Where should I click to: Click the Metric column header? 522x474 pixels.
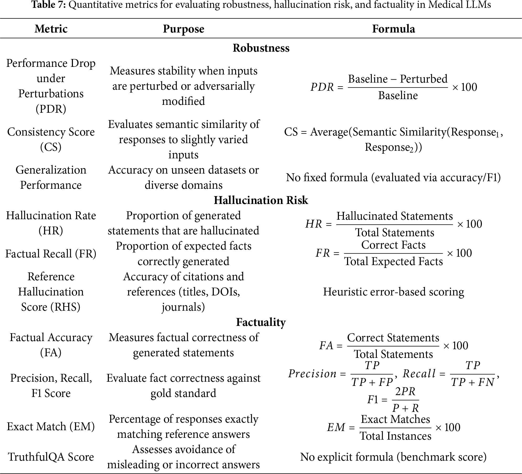tap(51, 29)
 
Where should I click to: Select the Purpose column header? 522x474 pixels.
tap(183, 29)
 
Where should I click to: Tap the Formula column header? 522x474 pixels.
tap(393, 29)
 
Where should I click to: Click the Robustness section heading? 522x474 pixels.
tap(261, 48)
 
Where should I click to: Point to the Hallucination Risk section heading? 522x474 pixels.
tap(261, 200)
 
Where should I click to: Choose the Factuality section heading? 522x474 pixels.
tap(261, 322)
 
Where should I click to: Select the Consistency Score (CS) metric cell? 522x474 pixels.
tap(51, 139)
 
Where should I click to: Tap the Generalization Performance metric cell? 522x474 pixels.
tap(51, 177)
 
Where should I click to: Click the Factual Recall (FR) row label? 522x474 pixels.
tap(51, 254)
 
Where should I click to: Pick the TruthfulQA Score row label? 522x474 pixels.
tap(51, 457)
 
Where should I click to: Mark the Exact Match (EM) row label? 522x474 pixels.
tap(51, 427)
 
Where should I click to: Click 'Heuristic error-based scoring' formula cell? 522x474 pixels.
tap(393, 292)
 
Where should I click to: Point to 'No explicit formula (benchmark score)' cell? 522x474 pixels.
tap(393, 457)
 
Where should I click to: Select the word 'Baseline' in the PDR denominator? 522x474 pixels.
tap(398, 95)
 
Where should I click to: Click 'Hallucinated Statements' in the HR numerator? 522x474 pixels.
tap(395, 216)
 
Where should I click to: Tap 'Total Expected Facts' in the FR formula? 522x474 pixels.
tap(393, 261)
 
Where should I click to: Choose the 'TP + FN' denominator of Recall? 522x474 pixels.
tap(473, 383)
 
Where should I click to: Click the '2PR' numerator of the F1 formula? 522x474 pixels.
tap(405, 392)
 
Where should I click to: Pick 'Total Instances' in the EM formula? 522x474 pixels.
tap(396, 436)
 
